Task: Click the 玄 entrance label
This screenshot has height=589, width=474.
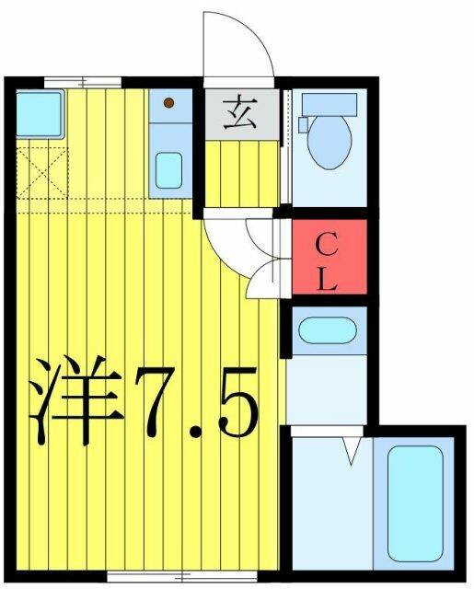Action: click(x=240, y=114)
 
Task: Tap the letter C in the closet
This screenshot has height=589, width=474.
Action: click(x=326, y=245)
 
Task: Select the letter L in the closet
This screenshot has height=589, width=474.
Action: click(x=326, y=279)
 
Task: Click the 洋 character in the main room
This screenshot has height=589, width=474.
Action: click(x=76, y=400)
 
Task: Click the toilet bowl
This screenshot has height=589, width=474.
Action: click(x=329, y=140)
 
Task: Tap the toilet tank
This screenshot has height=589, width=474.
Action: click(x=329, y=100)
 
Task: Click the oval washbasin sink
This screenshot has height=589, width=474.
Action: click(x=328, y=330)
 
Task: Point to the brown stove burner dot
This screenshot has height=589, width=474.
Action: click(x=168, y=102)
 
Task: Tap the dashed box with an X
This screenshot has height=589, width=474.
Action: click(x=42, y=173)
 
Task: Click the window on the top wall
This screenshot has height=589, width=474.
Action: click(x=83, y=82)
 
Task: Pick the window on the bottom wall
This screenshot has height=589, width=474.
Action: click(x=182, y=576)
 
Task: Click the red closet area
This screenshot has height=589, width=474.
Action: click(x=329, y=257)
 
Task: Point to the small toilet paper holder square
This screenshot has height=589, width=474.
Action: click(x=303, y=125)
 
